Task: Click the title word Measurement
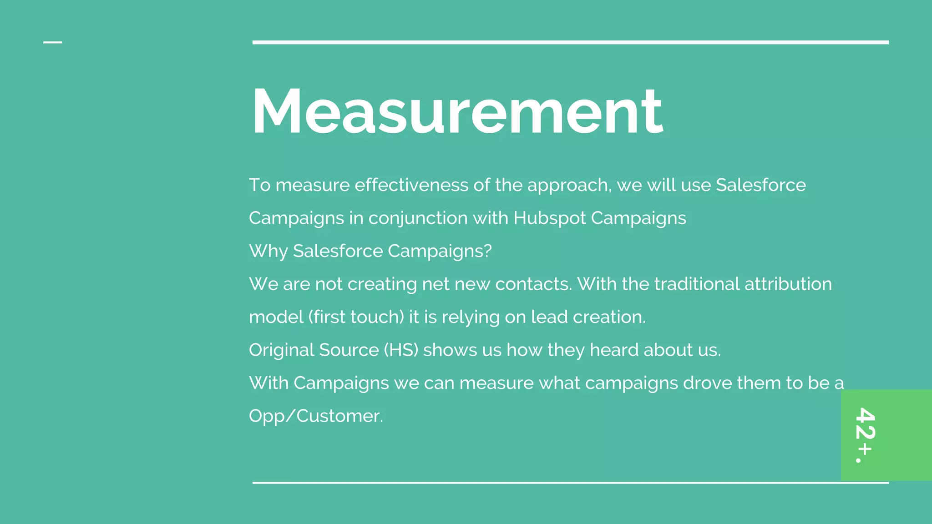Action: [457, 111]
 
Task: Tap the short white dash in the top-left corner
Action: [52, 42]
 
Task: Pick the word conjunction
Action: [418, 218]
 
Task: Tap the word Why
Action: [268, 251]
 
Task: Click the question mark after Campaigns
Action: [488, 251]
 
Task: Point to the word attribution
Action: [788, 284]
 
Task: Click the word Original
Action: [281, 350]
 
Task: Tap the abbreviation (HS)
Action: [401, 350]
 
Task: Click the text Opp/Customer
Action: [316, 416]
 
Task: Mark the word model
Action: [276, 317]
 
